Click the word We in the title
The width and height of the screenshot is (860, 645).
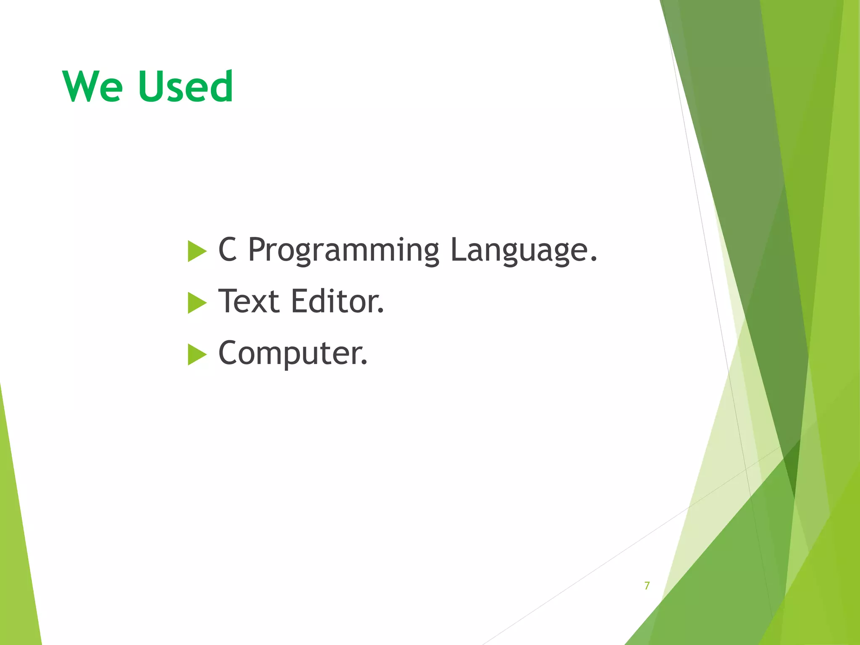pyautogui.click(x=93, y=87)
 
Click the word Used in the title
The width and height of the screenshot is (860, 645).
pyautogui.click(x=185, y=87)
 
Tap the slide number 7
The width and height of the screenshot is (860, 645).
pyautogui.click(x=647, y=585)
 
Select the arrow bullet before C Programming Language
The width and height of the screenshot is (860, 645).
pyautogui.click(x=197, y=251)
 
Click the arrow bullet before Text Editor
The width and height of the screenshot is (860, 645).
pyautogui.click(x=197, y=303)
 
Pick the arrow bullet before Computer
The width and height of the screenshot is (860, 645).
pyautogui.click(x=197, y=354)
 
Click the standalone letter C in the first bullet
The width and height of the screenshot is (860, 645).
pyautogui.click(x=227, y=249)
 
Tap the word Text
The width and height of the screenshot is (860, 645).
pyautogui.click(x=249, y=302)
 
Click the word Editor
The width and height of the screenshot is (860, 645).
pyautogui.click(x=336, y=302)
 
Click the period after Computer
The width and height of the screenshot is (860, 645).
pyautogui.click(x=364, y=362)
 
